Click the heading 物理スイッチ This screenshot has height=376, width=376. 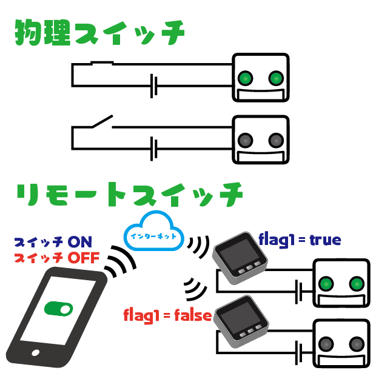(x=99, y=33)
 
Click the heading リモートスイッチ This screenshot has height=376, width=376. (x=129, y=195)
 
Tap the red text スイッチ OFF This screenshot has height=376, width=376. (x=56, y=258)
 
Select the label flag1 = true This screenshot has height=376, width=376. (x=300, y=239)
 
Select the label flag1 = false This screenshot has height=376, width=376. (x=167, y=315)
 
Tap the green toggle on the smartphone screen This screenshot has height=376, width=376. (x=58, y=309)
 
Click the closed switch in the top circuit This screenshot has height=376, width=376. (x=102, y=63)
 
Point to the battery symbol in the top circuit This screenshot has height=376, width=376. (x=154, y=86)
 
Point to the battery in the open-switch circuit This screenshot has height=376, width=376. (x=154, y=147)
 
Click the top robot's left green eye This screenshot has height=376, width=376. (x=245, y=78)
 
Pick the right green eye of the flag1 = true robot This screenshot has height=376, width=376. (x=356, y=283)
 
